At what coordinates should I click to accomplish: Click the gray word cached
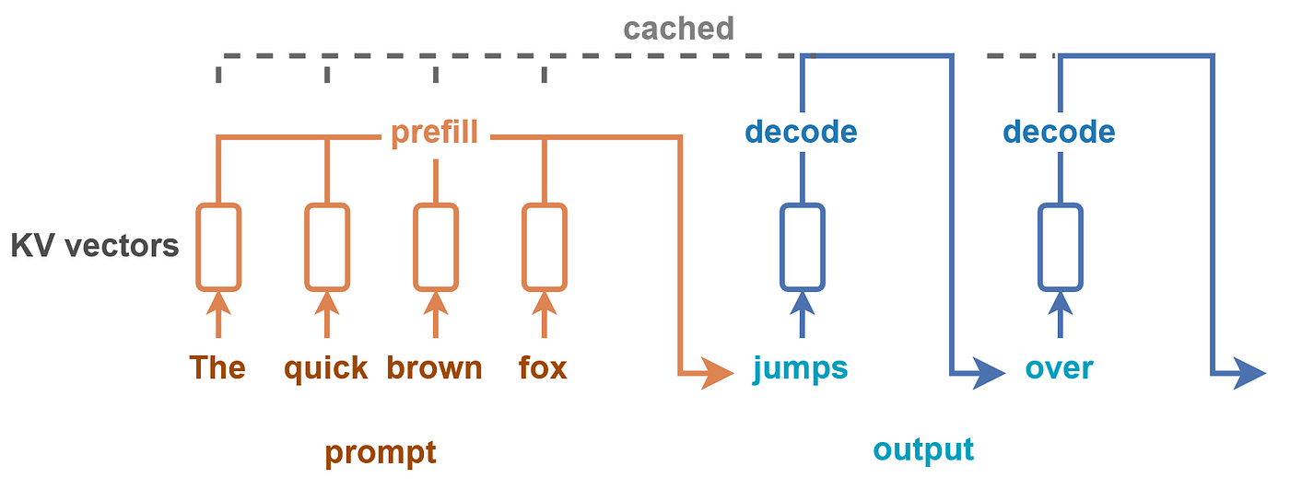coord(678,29)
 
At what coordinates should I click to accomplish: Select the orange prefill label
coord(435,133)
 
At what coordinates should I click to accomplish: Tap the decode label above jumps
coord(801,133)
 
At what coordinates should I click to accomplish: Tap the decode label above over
coord(1059,133)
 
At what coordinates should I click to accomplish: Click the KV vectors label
coord(95,246)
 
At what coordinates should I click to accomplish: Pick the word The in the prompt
coord(217,367)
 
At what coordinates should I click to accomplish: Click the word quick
coord(326,368)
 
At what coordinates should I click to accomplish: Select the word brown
coord(434,367)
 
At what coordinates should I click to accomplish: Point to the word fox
coord(543,367)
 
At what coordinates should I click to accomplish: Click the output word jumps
coord(801,369)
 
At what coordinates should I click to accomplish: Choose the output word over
coord(1059,369)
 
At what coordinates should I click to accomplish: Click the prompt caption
coord(381,453)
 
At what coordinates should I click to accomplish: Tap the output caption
coord(923,450)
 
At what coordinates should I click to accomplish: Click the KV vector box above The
coord(197,248)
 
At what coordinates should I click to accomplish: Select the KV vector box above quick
coord(306,248)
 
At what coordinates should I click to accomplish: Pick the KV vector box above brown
coord(415,248)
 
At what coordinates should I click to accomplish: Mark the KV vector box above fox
coord(523,248)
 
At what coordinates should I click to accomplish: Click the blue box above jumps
coord(781,248)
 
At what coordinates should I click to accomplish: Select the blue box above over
coord(1039,248)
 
